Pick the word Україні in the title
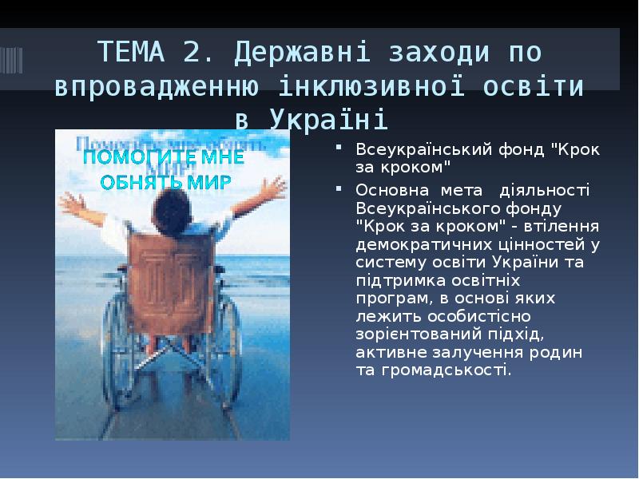[328, 120]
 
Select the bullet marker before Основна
[339, 189]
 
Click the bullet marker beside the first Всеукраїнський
[339, 148]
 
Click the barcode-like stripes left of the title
[11, 59]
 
